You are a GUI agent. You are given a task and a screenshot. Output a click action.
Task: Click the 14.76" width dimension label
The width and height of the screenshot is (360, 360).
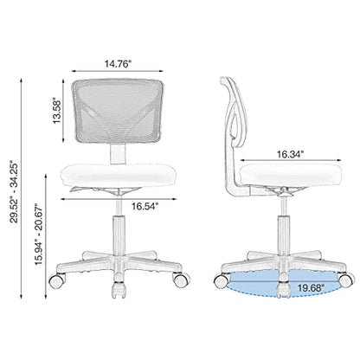[x=118, y=64]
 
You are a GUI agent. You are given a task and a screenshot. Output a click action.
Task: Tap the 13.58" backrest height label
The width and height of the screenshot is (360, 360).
[x=57, y=112]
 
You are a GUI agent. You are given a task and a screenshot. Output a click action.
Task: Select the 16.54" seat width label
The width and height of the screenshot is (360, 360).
[x=145, y=206]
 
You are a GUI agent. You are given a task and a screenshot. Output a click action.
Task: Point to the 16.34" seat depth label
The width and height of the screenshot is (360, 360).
[x=291, y=154]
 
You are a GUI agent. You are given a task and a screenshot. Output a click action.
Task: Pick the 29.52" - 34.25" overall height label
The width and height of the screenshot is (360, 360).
[x=15, y=191]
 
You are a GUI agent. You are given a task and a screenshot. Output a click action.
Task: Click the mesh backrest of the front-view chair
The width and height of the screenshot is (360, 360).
[x=118, y=112]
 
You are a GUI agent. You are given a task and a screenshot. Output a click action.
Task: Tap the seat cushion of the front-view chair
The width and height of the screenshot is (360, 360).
[x=118, y=175]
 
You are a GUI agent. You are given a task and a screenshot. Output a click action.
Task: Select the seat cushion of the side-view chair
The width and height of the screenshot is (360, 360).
[x=291, y=175]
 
